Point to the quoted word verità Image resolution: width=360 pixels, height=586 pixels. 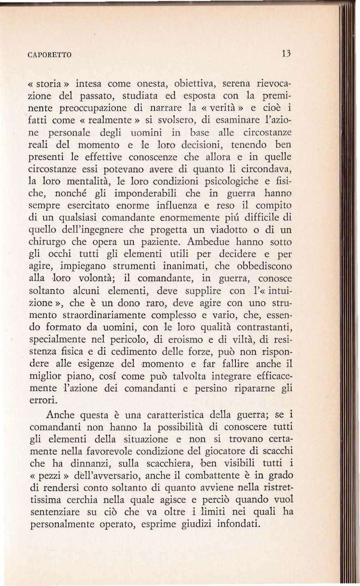pyautogui.click(x=224, y=110)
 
